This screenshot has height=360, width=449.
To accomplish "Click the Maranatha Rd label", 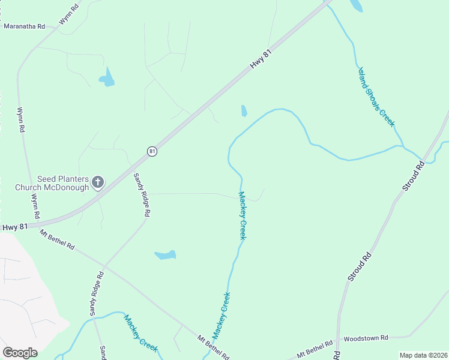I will [25, 26].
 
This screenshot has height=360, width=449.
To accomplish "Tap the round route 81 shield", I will [152, 152].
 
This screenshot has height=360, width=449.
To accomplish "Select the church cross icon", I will [98, 182].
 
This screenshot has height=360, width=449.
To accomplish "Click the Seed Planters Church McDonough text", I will [62, 183].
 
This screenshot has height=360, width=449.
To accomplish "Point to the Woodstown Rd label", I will [366, 338].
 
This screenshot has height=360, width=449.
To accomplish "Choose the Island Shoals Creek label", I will [376, 97].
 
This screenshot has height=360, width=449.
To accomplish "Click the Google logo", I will [20, 352].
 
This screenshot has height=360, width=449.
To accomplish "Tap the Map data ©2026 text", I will [423, 355].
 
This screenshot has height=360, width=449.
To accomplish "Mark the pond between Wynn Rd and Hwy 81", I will [107, 77].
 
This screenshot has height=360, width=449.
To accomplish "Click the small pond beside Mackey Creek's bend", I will [244, 111].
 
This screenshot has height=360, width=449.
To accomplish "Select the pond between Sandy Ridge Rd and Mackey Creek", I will [165, 255].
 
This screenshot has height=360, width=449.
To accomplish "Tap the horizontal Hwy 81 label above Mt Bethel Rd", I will [15, 227].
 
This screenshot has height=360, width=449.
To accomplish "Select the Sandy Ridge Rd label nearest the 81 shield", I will [142, 195].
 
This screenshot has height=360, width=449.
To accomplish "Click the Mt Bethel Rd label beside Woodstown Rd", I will [315, 348].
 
